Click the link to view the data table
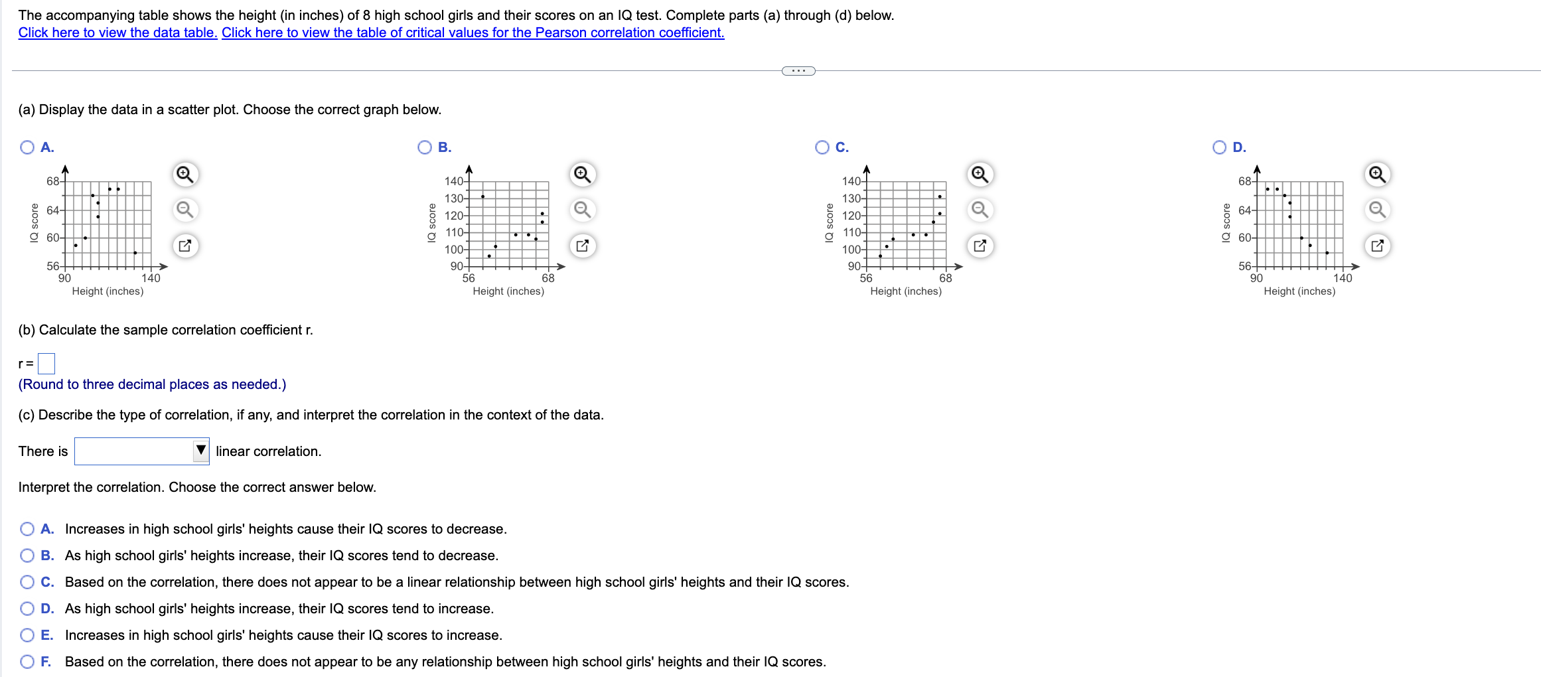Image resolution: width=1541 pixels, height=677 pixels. coord(117,33)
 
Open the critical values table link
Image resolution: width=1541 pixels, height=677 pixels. coord(473,33)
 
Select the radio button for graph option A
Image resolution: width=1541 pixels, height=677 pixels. coord(27,147)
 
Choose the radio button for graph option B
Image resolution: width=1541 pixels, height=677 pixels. coord(425,147)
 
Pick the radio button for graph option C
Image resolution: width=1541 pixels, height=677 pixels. coord(822,147)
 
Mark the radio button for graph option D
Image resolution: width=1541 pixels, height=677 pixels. coord(1220,147)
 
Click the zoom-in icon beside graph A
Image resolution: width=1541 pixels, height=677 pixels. coord(184,175)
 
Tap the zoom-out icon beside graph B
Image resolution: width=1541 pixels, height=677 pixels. coord(582,210)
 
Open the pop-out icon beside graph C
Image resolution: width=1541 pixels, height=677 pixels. coord(980,246)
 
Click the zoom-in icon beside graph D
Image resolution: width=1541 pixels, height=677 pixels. coord(1377,175)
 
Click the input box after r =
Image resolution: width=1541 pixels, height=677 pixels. coord(46,364)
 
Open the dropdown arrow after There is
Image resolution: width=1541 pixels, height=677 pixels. coord(200,451)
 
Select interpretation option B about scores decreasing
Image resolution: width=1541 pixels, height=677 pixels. coord(27,556)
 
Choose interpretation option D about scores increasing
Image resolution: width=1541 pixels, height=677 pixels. coord(27,609)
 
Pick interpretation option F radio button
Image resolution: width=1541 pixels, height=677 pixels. coord(27,662)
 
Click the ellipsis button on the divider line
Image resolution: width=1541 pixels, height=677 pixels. coord(798,71)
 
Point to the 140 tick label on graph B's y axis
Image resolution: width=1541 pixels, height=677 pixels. coord(453,181)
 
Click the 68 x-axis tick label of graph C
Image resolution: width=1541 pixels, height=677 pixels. coord(945,278)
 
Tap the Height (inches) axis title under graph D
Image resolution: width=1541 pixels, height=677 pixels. coord(1299,291)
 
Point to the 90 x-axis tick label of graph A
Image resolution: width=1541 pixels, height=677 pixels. coord(64,278)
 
